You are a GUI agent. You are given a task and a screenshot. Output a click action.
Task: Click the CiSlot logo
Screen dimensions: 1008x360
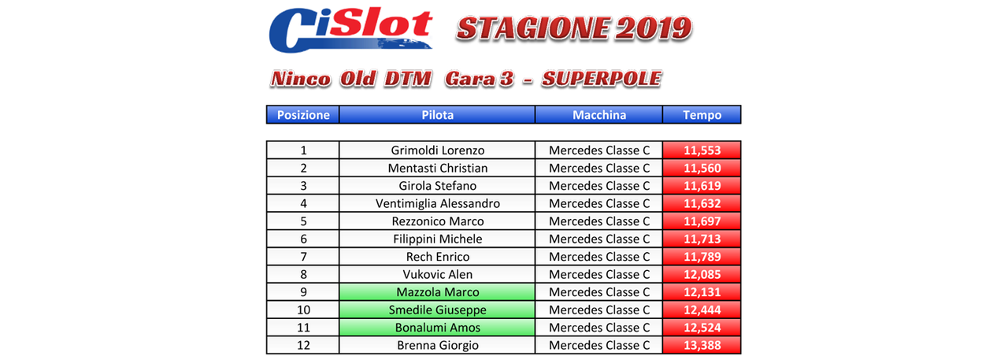point(350,29)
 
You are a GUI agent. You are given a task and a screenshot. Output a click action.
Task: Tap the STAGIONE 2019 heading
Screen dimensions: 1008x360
point(574,28)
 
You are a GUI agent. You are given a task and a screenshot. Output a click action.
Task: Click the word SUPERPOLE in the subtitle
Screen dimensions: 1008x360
point(602,79)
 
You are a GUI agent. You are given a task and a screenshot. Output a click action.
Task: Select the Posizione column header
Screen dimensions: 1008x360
point(303,115)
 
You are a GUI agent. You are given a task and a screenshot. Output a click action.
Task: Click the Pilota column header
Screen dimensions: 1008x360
point(437,115)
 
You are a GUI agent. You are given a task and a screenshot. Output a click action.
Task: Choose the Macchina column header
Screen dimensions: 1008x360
point(599,115)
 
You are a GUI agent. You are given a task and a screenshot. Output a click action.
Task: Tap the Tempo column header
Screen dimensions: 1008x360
point(702,115)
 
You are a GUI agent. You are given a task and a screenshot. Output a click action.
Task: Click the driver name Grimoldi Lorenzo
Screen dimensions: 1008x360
point(437,150)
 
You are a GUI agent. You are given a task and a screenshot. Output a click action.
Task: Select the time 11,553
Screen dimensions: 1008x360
point(702,150)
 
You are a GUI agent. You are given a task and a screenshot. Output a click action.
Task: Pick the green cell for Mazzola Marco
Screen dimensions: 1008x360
point(437,292)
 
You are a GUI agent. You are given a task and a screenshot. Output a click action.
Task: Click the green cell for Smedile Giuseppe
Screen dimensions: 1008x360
point(437,310)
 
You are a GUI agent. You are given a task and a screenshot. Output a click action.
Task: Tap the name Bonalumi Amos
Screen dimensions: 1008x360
point(437,328)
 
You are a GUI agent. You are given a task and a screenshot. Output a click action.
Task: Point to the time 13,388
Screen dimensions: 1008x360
point(702,345)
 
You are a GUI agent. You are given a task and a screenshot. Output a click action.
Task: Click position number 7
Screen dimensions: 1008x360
point(303,257)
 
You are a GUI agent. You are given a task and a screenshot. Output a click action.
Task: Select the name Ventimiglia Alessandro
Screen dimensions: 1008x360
point(437,203)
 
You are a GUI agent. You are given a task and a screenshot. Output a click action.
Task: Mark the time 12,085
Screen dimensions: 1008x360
point(702,274)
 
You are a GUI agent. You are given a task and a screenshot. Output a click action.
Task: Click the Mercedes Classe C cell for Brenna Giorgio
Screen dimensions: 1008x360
point(599,345)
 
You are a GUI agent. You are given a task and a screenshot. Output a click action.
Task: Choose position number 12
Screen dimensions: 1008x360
point(303,345)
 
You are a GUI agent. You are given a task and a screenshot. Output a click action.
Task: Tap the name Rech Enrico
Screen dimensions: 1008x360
point(437,257)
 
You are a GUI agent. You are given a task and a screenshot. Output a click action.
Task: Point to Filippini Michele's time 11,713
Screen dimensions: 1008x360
point(702,239)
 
